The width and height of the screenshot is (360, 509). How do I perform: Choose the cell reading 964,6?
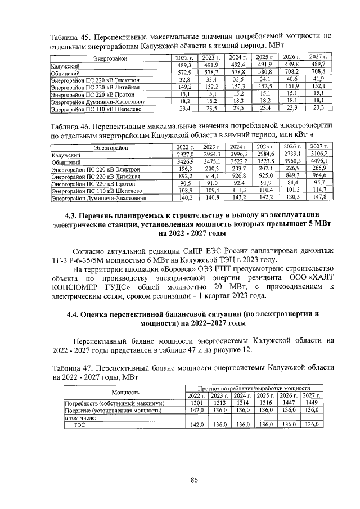click(319, 175)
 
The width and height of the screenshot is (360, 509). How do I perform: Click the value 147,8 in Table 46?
click(319, 197)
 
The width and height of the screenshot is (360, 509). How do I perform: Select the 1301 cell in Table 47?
click(196, 404)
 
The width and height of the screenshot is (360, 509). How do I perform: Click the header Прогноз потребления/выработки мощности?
click(254, 389)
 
